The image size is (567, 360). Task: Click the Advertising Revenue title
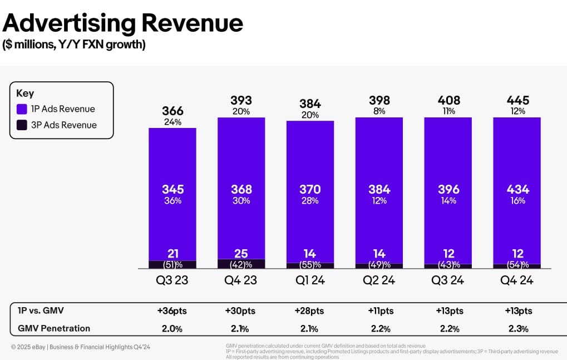[123, 23]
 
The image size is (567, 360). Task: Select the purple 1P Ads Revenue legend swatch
[22, 109]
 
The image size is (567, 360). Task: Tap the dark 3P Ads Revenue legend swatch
[22, 125]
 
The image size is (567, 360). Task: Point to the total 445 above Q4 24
[518, 101]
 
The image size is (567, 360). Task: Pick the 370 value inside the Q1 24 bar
[310, 190]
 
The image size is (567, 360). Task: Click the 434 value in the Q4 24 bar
[517, 190]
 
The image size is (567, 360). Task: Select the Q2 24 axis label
[379, 280]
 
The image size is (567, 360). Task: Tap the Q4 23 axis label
[241, 280]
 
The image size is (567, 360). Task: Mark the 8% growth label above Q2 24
[379, 111]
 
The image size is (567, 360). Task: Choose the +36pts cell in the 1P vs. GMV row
[172, 311]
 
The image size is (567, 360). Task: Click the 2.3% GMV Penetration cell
[518, 328]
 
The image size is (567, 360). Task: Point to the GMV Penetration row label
[53, 328]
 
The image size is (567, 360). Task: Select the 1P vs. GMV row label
[44, 311]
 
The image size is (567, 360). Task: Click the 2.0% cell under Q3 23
[172, 328]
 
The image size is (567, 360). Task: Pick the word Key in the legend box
[25, 93]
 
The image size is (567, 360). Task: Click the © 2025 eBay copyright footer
[80, 347]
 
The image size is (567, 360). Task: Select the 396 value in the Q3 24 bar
[448, 190]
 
